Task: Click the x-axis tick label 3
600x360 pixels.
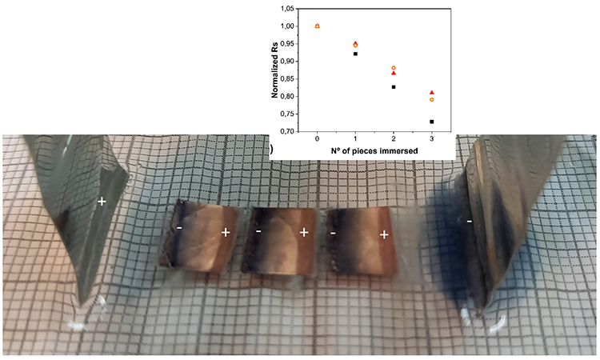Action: tap(432, 140)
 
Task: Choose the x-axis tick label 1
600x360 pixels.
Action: tap(355, 140)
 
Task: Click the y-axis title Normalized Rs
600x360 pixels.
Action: tap(275, 70)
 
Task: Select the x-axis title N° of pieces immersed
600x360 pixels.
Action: tap(374, 150)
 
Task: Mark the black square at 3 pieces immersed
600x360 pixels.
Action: tap(432, 122)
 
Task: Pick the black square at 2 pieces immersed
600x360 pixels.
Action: tap(394, 86)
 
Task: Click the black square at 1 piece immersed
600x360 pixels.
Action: tap(355, 54)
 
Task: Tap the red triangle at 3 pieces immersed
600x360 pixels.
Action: tap(432, 93)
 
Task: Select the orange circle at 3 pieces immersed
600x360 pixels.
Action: tap(432, 100)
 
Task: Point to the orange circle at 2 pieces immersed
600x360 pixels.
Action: tap(394, 68)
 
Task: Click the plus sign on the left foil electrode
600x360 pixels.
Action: tap(102, 201)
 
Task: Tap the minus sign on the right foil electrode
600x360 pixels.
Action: tap(469, 220)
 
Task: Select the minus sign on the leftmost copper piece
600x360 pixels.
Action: tap(180, 229)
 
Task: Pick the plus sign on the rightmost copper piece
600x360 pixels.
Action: tap(384, 234)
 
